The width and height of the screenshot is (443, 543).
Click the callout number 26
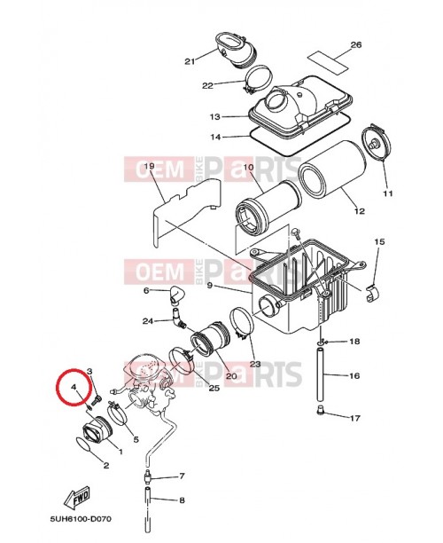356,44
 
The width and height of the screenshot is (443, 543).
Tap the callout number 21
189,61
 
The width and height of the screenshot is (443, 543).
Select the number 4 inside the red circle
74,388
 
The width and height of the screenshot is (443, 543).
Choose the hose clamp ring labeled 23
240,324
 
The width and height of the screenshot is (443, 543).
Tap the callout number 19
149,166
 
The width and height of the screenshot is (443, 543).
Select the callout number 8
182,500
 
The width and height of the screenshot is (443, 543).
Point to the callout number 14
214,137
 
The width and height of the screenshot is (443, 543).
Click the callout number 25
213,387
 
